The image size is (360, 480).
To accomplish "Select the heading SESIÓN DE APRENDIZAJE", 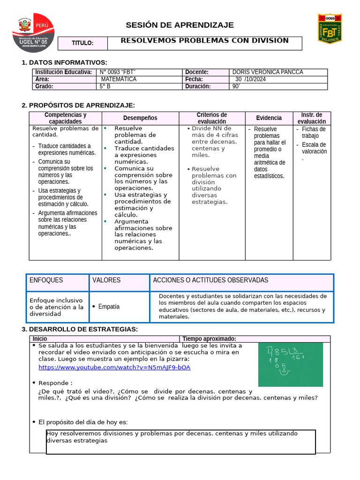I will click(x=180, y=25).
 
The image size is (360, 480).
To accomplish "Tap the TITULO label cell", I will click(x=82, y=44).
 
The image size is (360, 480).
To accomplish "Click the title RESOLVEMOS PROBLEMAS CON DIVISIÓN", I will click(x=204, y=41).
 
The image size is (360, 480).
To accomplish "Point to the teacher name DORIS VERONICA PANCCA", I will click(x=268, y=72).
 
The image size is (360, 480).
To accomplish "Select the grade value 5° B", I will click(x=105, y=86).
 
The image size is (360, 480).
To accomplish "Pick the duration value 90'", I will click(x=236, y=86).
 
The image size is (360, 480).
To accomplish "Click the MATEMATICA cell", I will click(x=119, y=79).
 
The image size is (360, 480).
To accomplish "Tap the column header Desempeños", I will click(x=140, y=118).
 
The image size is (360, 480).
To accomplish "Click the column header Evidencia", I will click(x=269, y=118).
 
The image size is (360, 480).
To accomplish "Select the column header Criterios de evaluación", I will click(x=211, y=118).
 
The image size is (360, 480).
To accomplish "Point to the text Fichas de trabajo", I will click(x=313, y=133).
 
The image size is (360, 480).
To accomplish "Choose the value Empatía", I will click(x=108, y=307).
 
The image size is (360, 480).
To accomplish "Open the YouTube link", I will click(x=114, y=367).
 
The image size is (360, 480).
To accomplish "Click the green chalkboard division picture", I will click(x=290, y=364).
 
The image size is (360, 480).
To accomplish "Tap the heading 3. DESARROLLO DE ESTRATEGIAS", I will click(x=80, y=330).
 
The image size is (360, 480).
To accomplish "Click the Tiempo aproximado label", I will click(x=209, y=339).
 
